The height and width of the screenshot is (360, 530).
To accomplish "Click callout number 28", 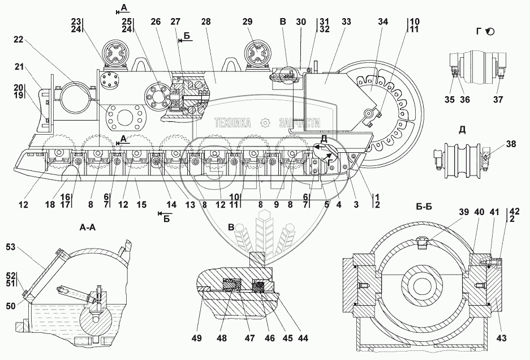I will (206, 22).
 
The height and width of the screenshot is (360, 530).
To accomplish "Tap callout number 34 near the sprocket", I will (384, 22).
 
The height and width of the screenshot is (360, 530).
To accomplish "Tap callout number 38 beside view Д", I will (511, 144).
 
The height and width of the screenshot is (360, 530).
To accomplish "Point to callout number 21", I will (19, 67).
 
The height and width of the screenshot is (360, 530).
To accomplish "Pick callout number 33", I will (346, 22).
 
